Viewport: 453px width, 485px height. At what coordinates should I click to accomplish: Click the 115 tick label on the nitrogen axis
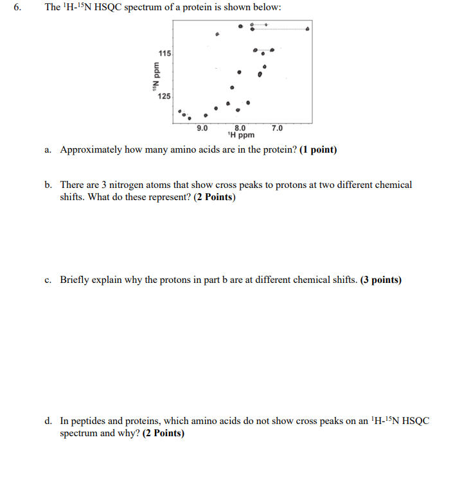[x=164, y=53]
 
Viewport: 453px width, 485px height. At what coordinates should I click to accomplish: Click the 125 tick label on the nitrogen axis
[x=164, y=96]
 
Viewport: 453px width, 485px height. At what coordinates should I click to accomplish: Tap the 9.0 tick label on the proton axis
[x=202, y=128]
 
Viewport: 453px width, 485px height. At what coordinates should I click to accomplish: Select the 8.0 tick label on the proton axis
[x=240, y=128]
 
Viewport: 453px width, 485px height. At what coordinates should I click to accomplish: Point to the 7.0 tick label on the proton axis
[x=277, y=128]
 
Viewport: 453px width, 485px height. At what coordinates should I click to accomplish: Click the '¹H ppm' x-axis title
[x=241, y=135]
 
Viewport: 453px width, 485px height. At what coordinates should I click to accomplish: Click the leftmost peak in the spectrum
[x=180, y=110]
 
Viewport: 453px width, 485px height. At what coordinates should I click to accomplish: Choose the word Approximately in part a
[x=91, y=150]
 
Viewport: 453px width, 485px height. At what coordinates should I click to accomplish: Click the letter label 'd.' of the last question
[x=49, y=421]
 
